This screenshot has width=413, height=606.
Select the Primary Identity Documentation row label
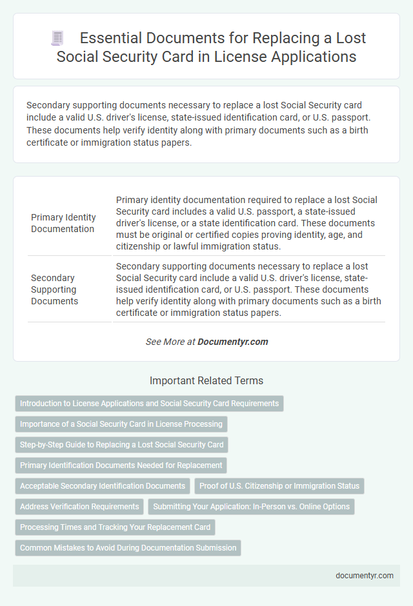(63, 223)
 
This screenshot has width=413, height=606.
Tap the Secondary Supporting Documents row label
(54, 289)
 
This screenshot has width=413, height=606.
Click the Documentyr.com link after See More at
(234, 342)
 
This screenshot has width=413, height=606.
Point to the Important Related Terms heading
(206, 380)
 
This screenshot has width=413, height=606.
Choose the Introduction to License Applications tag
(149, 404)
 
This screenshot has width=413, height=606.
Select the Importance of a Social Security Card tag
(121, 424)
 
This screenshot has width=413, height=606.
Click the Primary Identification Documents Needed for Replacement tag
(121, 465)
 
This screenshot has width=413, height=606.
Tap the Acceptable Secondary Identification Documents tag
(103, 486)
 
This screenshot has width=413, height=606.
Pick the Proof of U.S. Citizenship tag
(279, 486)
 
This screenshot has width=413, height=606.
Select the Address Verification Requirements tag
(79, 507)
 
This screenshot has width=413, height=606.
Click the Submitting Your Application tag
(251, 507)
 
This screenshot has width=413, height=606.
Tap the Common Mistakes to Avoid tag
(128, 548)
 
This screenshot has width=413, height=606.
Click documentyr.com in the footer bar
(365, 576)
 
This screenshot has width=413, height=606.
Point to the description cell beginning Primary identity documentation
(248, 223)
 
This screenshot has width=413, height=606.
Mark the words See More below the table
(165, 342)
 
